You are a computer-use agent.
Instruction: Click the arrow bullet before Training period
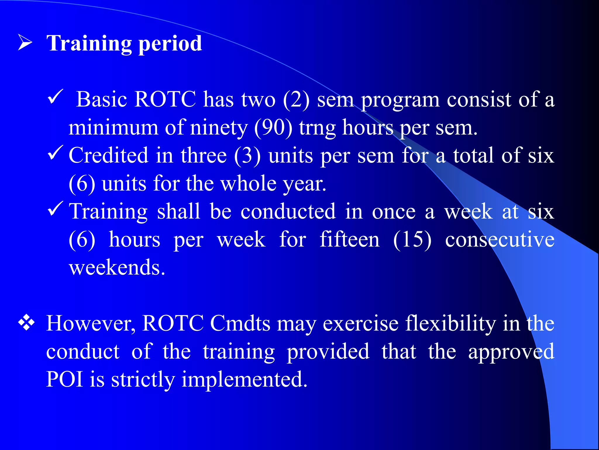click(25, 42)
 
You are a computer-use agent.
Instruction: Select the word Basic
click(101, 100)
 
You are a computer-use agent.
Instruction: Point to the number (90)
click(273, 128)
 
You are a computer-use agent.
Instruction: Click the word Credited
click(109, 155)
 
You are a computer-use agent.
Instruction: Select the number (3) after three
click(247, 156)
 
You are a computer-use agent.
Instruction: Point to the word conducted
click(288, 211)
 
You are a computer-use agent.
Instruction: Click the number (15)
click(412, 240)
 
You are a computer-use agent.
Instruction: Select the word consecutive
click(500, 240)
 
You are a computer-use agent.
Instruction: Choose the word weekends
click(117, 267)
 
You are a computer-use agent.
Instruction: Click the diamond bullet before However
click(26, 323)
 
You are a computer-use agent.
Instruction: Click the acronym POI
click(64, 379)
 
